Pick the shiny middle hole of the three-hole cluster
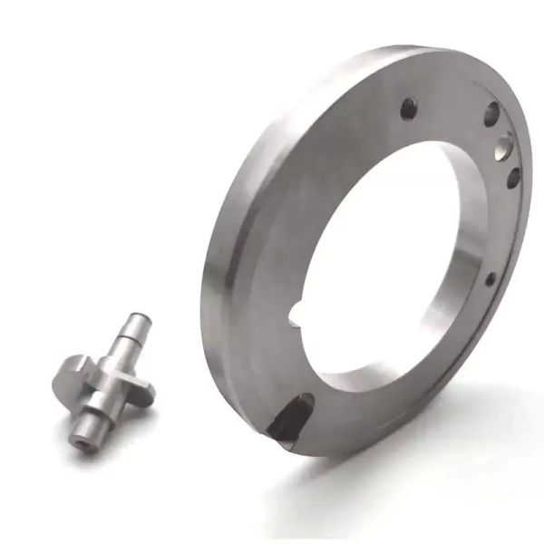coord(504,145)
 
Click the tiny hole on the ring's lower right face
coord(491,278)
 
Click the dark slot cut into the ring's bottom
coord(290,416)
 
